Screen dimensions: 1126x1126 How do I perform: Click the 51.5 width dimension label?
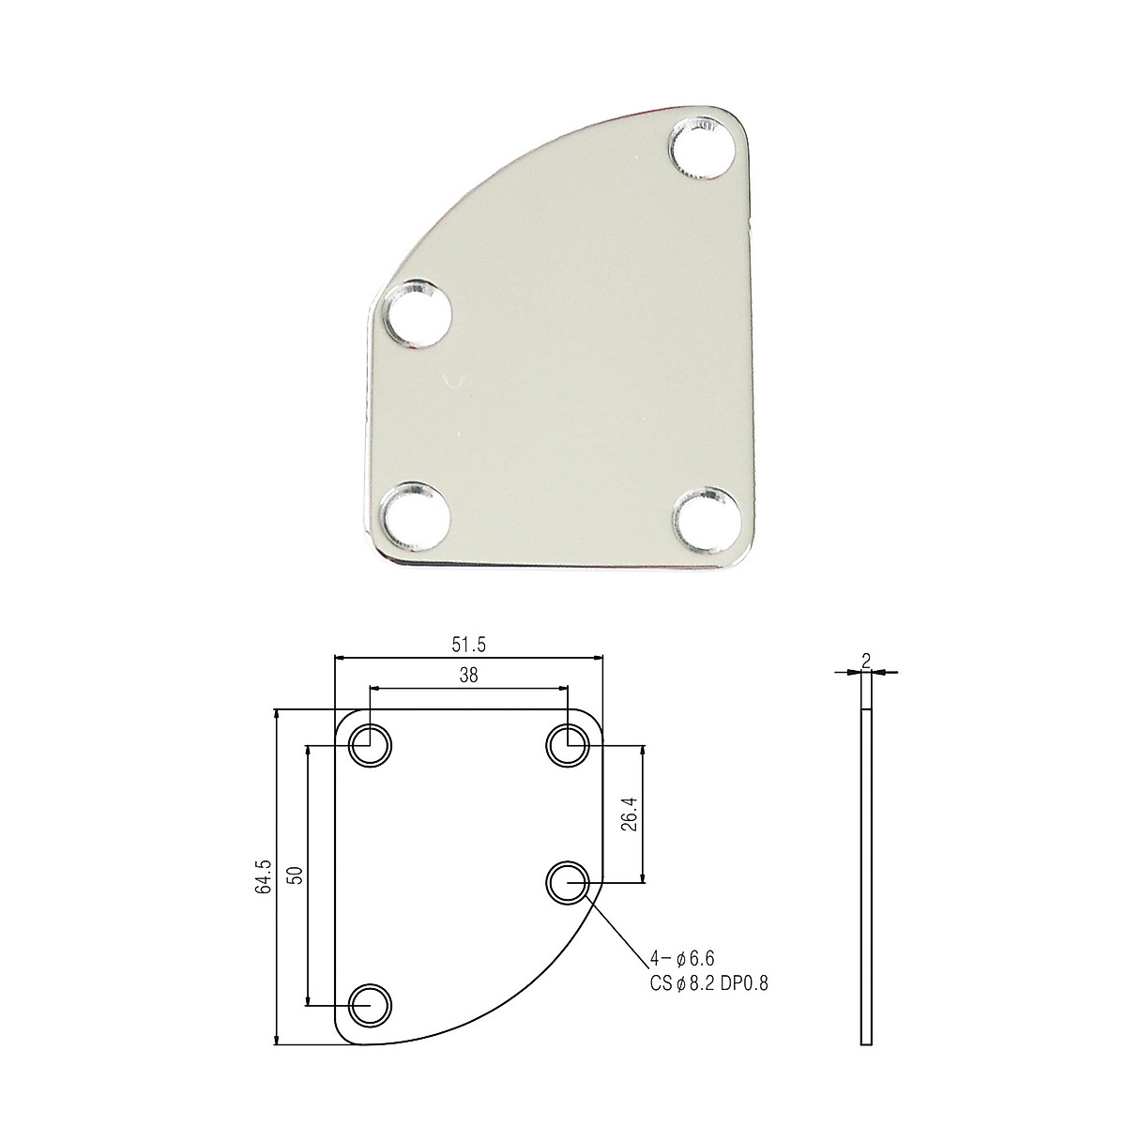pyautogui.click(x=467, y=645)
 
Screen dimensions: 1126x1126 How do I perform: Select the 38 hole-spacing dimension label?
pyautogui.click(x=467, y=676)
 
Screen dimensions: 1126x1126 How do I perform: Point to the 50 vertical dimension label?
pyautogui.click(x=295, y=875)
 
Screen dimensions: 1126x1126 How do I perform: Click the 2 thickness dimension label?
pyautogui.click(x=865, y=661)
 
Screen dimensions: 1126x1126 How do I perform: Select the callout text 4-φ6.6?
pyautogui.click(x=682, y=958)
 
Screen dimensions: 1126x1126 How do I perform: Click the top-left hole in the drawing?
pyautogui.click(x=371, y=747)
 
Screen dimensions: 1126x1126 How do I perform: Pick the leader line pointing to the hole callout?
pyautogui.click(x=619, y=929)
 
